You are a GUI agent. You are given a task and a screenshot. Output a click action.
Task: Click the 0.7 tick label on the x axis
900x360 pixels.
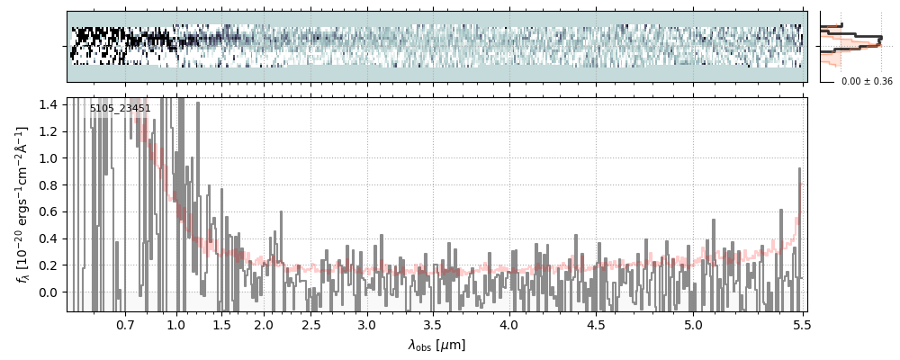[x=125, y=324]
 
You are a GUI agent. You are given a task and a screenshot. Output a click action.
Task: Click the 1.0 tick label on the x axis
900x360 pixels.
[x=176, y=324]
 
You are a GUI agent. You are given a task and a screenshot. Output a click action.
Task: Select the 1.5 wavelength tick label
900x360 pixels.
[x=222, y=324]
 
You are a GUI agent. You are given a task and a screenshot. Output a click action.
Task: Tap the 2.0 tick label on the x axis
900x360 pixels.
[x=264, y=324]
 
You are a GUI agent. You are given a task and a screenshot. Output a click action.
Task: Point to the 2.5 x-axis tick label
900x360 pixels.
[x=311, y=324]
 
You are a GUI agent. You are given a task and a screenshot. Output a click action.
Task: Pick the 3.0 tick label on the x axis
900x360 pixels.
[x=366, y=324]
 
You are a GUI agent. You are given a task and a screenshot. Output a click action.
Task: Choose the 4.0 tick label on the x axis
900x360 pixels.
[x=509, y=324]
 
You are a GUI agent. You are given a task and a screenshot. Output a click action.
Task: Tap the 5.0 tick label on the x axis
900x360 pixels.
[x=694, y=324]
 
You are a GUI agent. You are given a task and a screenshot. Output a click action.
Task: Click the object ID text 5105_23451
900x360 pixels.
[x=120, y=109]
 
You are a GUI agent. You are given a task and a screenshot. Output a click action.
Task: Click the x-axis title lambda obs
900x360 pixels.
[x=436, y=345]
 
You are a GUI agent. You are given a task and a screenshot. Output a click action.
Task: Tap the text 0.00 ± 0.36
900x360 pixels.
[x=867, y=82]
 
